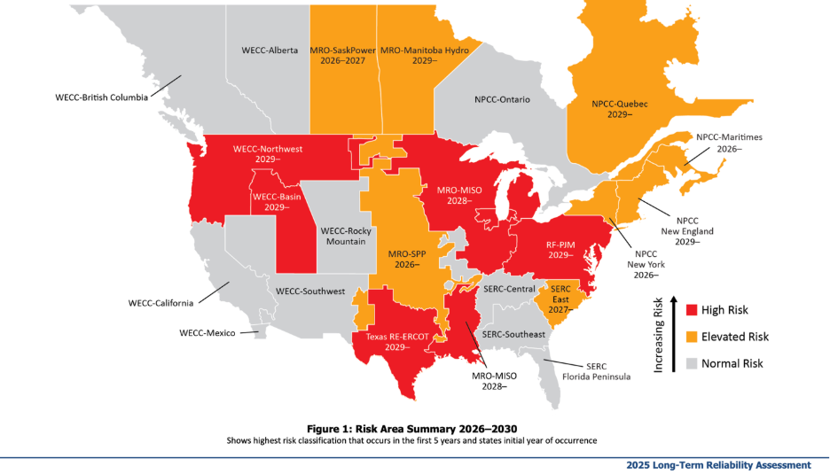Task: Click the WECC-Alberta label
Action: [x=270, y=50]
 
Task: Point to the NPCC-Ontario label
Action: [x=495, y=99]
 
